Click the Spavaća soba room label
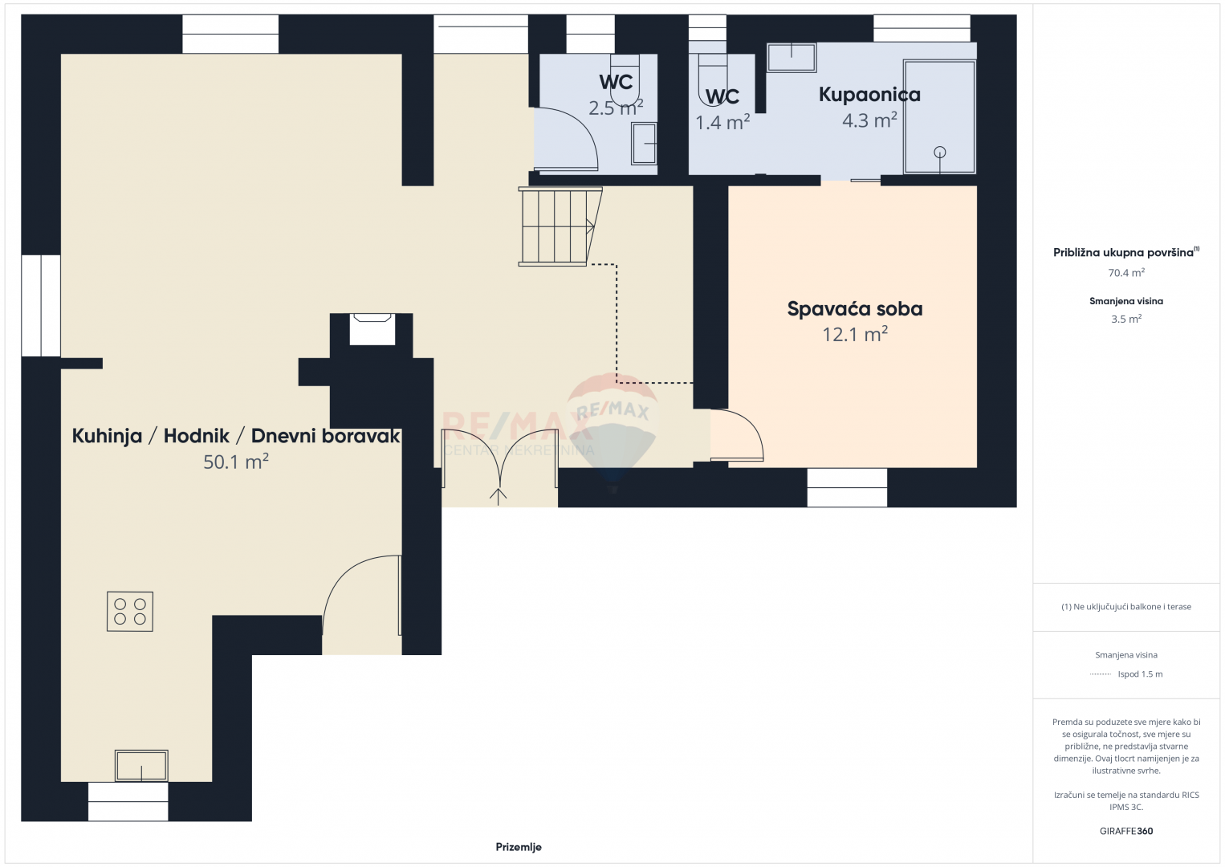point(855,309)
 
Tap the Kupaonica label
point(869,95)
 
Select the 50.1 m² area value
point(236,462)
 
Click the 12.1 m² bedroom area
point(855,334)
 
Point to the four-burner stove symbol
point(130,612)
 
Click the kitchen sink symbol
point(141,766)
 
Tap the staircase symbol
point(560,226)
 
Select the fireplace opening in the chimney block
point(372,329)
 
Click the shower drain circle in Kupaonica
point(939,152)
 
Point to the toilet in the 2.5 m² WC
point(625,79)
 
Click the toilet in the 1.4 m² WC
point(713,79)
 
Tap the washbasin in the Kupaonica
point(792,58)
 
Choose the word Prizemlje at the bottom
point(519,847)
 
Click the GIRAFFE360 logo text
point(1126,831)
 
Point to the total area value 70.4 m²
point(1126,272)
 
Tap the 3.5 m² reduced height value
point(1126,319)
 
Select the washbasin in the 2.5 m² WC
point(644,144)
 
